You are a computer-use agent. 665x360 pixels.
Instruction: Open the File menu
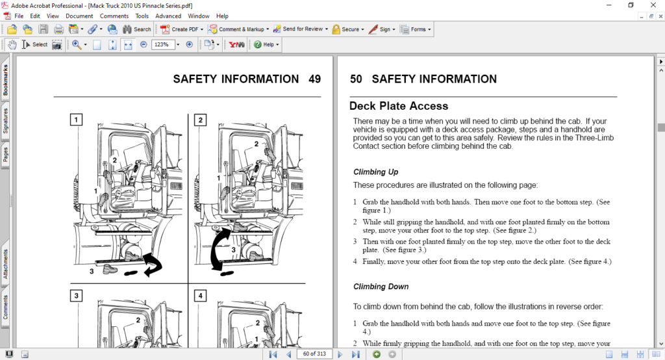(19, 16)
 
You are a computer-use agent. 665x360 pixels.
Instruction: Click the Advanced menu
(168, 16)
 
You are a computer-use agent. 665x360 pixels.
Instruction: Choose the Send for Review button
(298, 29)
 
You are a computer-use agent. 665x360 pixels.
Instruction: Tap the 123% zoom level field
(163, 45)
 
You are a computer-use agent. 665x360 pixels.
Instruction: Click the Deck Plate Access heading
(398, 106)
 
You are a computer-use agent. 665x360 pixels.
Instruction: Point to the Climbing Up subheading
(375, 172)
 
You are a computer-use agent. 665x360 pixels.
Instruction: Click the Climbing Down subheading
(381, 287)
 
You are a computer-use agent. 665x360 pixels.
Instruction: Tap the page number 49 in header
(314, 79)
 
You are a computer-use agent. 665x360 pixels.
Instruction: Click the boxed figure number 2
(200, 120)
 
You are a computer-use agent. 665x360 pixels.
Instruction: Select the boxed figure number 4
(200, 296)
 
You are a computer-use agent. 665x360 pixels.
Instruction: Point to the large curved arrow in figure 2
(220, 250)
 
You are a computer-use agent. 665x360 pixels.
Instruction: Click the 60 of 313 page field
(314, 354)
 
